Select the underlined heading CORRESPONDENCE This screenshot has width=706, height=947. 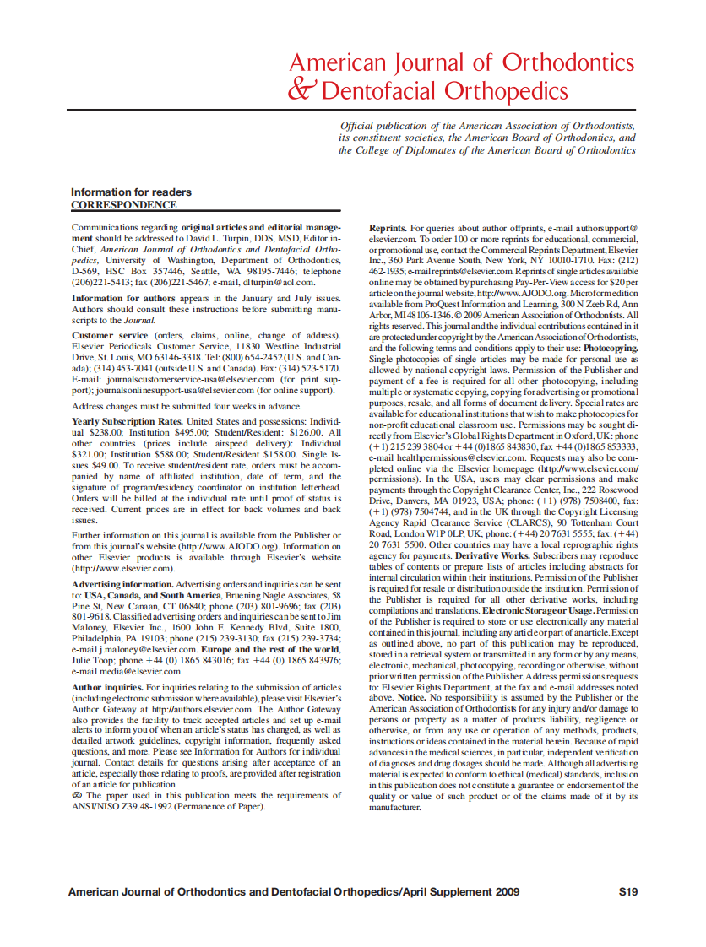[x=124, y=205]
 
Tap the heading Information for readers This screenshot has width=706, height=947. [x=131, y=192]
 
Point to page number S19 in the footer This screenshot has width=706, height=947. [x=627, y=891]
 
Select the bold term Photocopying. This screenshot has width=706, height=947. [x=611, y=347]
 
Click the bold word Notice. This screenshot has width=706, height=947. [x=411, y=698]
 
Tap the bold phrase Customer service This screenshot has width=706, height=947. [x=110, y=336]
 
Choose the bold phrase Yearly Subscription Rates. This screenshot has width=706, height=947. [x=128, y=420]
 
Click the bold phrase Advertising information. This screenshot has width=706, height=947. [x=122, y=584]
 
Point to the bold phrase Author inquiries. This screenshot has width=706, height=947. [x=108, y=688]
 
